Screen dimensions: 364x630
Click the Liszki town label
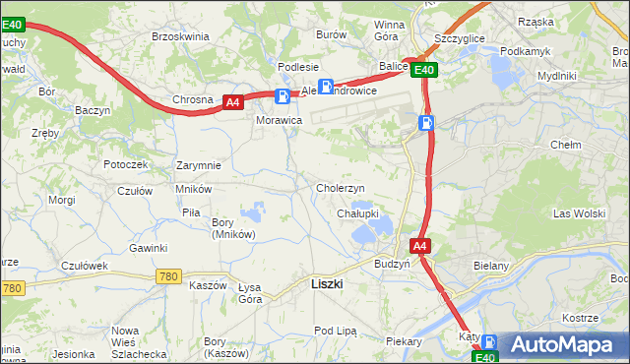coord(326,283)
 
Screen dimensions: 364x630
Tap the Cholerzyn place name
coord(341,188)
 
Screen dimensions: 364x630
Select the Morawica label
coord(280,119)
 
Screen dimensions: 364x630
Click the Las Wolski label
coord(579,213)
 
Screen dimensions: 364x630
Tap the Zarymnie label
coord(198,165)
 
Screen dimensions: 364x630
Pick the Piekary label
coord(404,341)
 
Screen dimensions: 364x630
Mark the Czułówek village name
coord(84,266)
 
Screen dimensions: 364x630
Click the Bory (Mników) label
coord(234,228)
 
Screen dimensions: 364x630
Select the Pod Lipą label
coord(334,331)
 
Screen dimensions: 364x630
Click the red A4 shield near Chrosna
coord(232,101)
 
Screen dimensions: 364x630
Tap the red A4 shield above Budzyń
coord(419,246)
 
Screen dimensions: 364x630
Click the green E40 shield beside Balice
coord(424,70)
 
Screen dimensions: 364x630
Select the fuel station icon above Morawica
coord(283,96)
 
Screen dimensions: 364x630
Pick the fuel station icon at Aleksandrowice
coord(325,86)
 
